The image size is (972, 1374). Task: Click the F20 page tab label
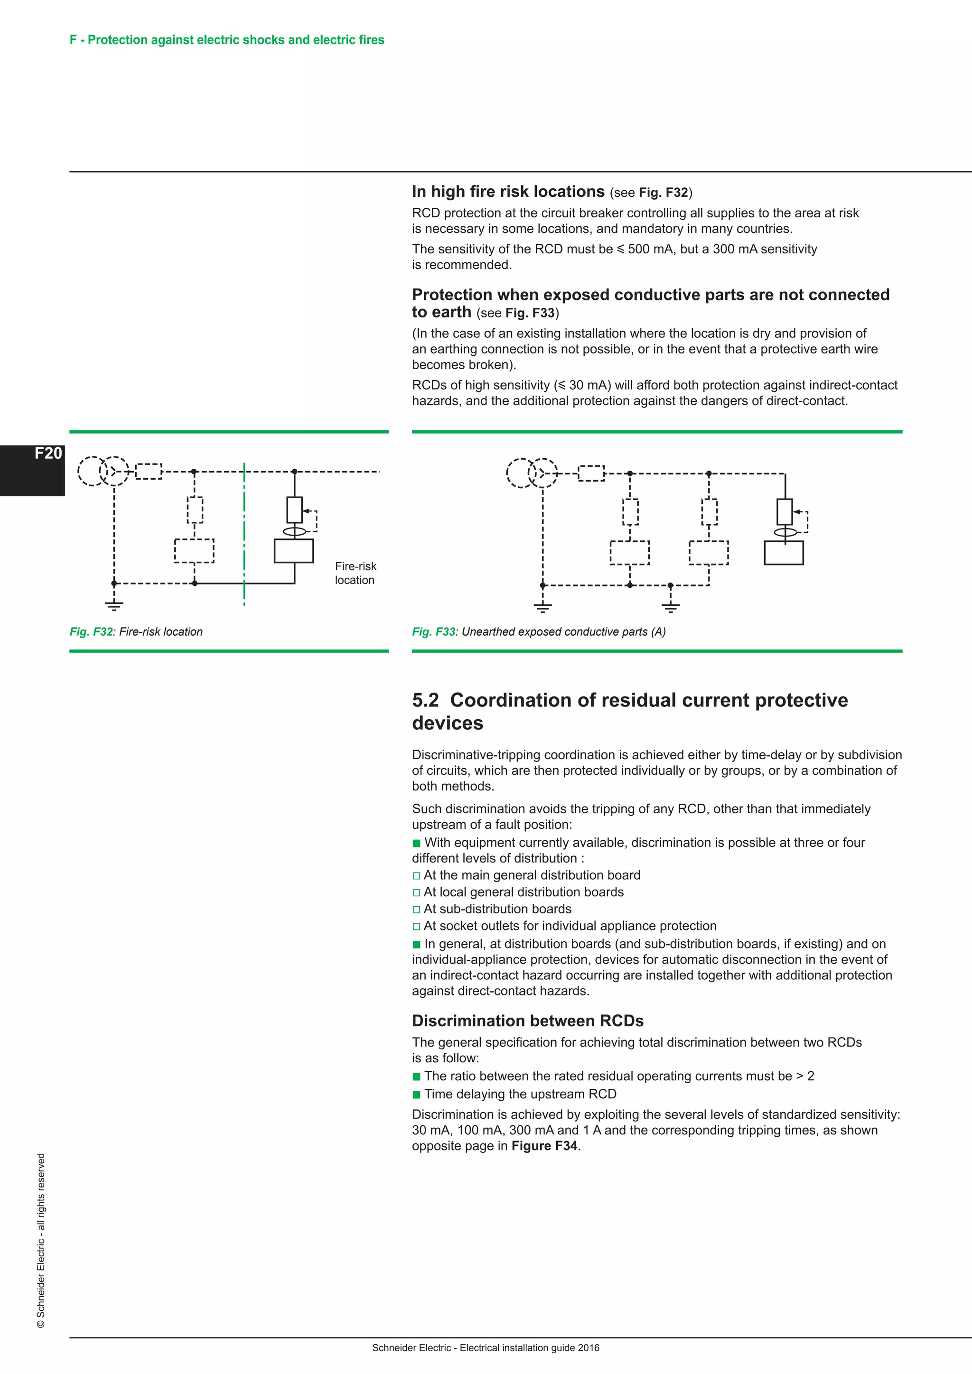[48, 454]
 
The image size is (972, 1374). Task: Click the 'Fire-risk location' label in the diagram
[355, 573]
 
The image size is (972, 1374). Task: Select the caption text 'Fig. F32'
[91, 631]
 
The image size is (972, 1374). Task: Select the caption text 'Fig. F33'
[433, 631]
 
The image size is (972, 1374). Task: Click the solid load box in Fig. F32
[293, 550]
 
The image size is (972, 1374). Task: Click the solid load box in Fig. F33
[784, 553]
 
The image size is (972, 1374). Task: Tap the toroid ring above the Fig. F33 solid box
[785, 532]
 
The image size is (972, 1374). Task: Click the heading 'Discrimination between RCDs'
[527, 1021]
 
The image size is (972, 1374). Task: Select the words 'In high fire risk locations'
[508, 192]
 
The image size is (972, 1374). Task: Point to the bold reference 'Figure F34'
[544, 1145]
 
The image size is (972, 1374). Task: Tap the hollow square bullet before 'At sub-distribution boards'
[416, 909]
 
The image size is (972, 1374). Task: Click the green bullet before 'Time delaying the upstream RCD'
[417, 1095]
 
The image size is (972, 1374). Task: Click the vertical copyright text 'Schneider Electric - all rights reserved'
[41, 1239]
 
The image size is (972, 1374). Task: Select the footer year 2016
[589, 1348]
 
